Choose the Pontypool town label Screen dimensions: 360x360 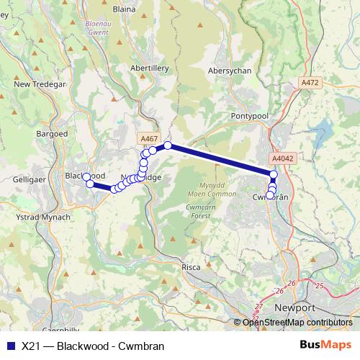249,115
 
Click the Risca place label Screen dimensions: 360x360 191,267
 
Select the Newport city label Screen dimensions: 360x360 295,307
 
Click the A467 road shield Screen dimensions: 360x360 150,138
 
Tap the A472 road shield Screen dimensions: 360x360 310,83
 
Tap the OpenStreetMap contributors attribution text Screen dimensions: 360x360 297,323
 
